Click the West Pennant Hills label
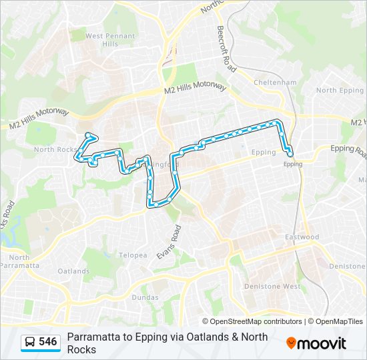coord(110,40)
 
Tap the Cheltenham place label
coord(274,83)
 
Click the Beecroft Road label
coord(226,49)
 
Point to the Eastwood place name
coord(302,237)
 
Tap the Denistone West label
coord(282,286)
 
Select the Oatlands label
coord(73,271)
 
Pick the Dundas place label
coord(145,297)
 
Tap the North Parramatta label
coord(19,261)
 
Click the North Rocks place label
coord(55,149)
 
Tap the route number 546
coord(47,341)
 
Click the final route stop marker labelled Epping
coord(290,155)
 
